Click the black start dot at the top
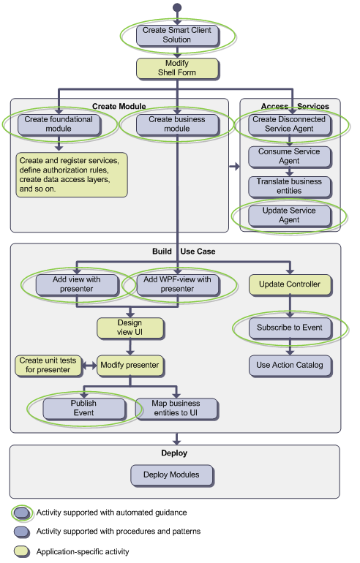(177, 7)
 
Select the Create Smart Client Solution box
(177, 35)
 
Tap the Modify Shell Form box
(177, 68)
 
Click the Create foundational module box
(59, 124)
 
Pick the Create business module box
(177, 124)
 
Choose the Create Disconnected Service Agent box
(289, 124)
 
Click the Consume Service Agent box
(289, 156)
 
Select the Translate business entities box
(289, 186)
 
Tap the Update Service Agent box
(289, 216)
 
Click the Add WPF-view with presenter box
(178, 284)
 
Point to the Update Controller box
(290, 284)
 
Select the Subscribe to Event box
(290, 328)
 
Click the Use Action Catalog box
(290, 366)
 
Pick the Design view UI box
(130, 328)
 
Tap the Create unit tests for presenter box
(48, 366)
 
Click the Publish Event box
(84, 409)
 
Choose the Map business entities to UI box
(176, 409)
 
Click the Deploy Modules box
(172, 475)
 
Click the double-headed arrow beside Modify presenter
(89, 366)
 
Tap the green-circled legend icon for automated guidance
(22, 513)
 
